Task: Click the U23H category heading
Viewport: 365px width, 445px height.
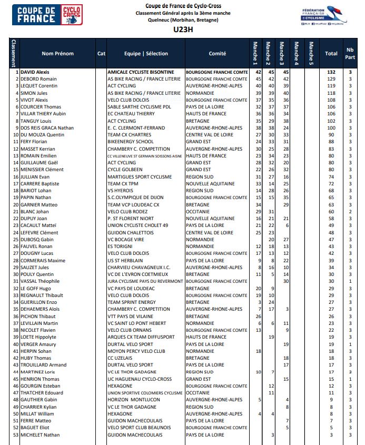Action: [182, 29]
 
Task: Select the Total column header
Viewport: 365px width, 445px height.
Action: [331, 53]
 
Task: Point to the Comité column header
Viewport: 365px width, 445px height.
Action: [217, 53]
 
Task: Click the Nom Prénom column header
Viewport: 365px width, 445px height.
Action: [57, 53]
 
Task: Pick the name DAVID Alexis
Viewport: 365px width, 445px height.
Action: [35, 72]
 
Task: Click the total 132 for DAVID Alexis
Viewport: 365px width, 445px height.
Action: [331, 72]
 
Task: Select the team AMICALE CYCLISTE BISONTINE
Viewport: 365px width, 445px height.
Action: [141, 72]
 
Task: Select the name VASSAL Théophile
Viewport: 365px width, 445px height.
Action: [40, 281]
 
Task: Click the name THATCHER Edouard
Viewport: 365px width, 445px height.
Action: [42, 393]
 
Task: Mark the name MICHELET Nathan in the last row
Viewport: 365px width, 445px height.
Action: [40, 434]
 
